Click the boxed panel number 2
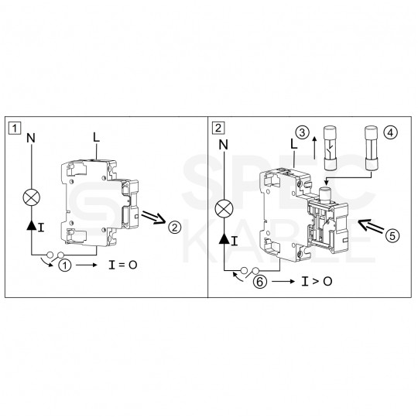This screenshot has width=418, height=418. [218, 127]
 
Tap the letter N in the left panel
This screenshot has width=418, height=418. [31, 139]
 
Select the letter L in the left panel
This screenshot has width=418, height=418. [95, 137]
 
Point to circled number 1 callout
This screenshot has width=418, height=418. [66, 265]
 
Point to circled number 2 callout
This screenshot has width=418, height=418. [175, 227]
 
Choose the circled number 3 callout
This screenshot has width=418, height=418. [303, 133]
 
